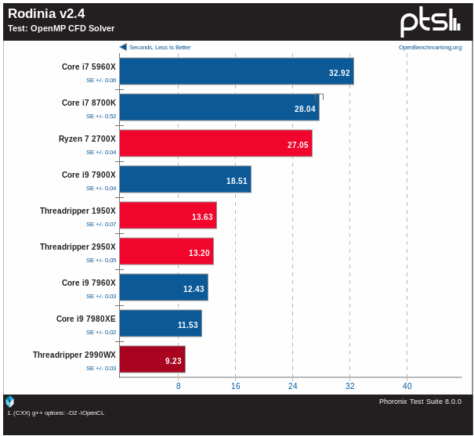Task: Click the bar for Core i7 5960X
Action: [236, 71]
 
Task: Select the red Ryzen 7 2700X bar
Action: [215, 143]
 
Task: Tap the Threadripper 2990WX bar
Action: [152, 359]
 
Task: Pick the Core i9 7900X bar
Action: [185, 179]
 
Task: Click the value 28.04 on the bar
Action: [305, 109]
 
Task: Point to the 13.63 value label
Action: [202, 217]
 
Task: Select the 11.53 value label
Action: [188, 325]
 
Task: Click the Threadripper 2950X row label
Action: [78, 247]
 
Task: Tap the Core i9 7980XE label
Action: [85, 319]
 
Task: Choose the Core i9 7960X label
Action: [89, 283]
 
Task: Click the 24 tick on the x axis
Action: [293, 386]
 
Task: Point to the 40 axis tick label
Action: [407, 386]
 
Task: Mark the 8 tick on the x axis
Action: [179, 386]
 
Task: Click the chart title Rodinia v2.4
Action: [46, 14]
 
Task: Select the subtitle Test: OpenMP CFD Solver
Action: [61, 28]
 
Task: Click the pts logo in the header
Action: [430, 21]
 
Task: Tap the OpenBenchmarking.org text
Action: [430, 47]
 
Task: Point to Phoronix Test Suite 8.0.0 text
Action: [420, 402]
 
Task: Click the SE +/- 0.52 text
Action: [101, 116]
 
